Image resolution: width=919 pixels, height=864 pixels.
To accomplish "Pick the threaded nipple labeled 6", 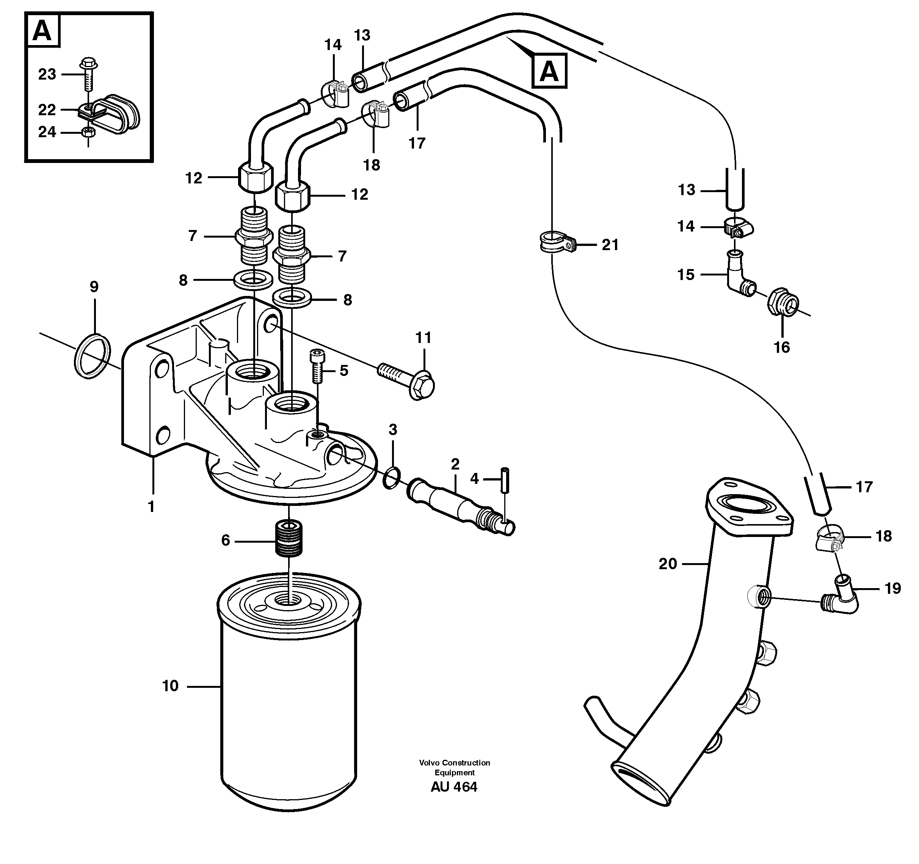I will click(289, 538).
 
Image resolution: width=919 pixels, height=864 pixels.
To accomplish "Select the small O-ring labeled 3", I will click(392, 477).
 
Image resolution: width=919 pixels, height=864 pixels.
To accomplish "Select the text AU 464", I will click(453, 787).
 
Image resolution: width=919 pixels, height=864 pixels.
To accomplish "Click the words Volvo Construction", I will click(454, 763).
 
